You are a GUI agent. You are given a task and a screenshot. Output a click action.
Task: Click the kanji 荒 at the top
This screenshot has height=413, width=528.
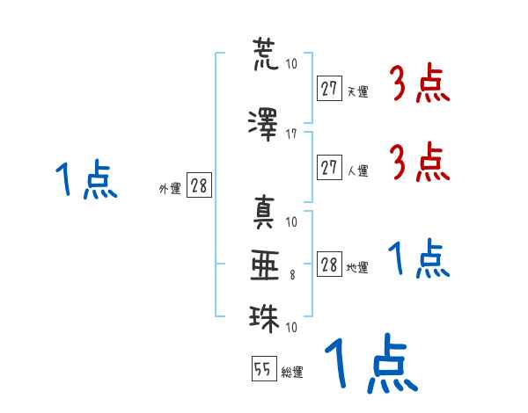pos(266,54)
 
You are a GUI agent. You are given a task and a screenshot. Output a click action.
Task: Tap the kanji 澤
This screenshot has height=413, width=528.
pos(263,125)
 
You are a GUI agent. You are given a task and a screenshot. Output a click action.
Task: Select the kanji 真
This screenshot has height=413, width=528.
pos(264,212)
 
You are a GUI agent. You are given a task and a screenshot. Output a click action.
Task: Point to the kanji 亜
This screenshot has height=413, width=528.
pos(265,265)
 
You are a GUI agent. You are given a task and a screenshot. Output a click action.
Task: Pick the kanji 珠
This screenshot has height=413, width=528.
pos(264,318)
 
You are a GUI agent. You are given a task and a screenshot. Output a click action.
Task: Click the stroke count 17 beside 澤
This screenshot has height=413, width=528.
pos(291,134)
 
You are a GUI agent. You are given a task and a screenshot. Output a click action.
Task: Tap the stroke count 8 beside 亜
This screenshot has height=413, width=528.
pos(292,275)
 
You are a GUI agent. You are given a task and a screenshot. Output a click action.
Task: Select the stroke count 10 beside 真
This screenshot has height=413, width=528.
pos(291,222)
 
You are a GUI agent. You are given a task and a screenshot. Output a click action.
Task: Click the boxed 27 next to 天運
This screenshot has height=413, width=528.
pos(329,88)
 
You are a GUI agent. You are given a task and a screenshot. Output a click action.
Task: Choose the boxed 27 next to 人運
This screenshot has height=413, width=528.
pos(329,167)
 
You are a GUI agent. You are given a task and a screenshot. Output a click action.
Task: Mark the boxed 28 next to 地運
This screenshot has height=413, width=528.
pos(329,264)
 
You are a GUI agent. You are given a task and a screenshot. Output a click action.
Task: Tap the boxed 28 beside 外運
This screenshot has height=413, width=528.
pos(200,185)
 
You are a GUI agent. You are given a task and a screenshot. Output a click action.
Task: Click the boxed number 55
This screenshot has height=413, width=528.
pos(264,368)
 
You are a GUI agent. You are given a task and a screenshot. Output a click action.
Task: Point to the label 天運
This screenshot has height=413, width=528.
pos(358,91)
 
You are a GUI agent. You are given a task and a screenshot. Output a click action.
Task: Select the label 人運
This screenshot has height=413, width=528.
pos(358,170)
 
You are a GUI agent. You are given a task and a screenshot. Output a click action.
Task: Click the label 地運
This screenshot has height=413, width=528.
pos(357,267)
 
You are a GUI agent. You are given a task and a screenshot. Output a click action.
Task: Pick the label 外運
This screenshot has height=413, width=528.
pos(170,189)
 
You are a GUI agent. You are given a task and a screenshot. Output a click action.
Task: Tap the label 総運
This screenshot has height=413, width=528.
pos(292,372)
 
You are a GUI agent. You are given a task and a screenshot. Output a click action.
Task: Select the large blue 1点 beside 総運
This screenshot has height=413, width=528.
pos(371,363)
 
